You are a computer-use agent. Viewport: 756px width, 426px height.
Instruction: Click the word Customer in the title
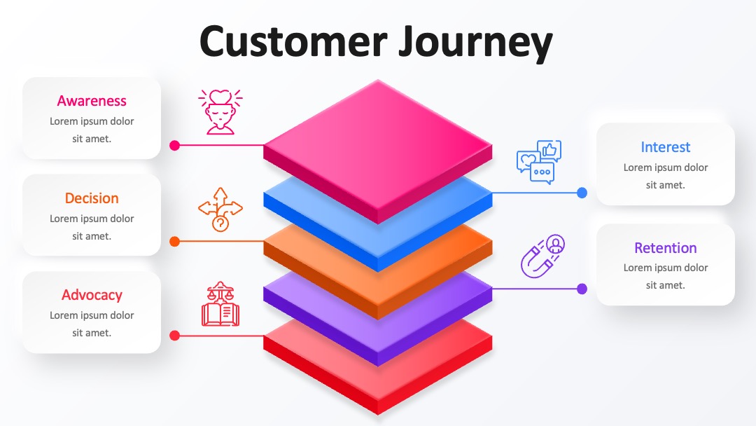(293, 41)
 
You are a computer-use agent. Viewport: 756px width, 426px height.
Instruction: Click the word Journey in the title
(475, 44)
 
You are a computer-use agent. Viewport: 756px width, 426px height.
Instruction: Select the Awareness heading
(92, 101)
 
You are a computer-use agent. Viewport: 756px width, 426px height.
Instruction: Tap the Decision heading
(92, 198)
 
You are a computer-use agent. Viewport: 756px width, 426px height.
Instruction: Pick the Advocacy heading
(92, 295)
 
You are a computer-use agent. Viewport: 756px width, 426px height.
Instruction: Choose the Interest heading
(666, 147)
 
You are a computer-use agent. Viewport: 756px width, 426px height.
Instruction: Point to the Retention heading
(666, 248)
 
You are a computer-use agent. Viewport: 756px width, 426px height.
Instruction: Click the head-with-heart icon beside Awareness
(220, 111)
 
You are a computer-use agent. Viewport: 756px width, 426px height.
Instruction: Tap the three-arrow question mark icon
(220, 209)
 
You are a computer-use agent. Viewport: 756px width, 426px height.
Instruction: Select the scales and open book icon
(220, 303)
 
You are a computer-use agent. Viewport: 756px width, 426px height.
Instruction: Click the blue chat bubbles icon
(539, 162)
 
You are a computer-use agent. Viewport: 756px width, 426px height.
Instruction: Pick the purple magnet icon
(542, 256)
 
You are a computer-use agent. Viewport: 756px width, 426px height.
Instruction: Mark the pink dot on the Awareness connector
(174, 145)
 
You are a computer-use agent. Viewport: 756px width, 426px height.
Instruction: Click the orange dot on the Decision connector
(174, 242)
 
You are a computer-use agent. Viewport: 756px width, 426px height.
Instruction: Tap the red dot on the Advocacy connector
(174, 336)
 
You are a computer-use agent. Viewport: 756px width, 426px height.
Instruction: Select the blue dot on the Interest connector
(582, 193)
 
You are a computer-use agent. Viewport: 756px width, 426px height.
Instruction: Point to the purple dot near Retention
(582, 289)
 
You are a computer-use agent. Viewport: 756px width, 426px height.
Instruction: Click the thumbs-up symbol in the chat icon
(549, 150)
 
